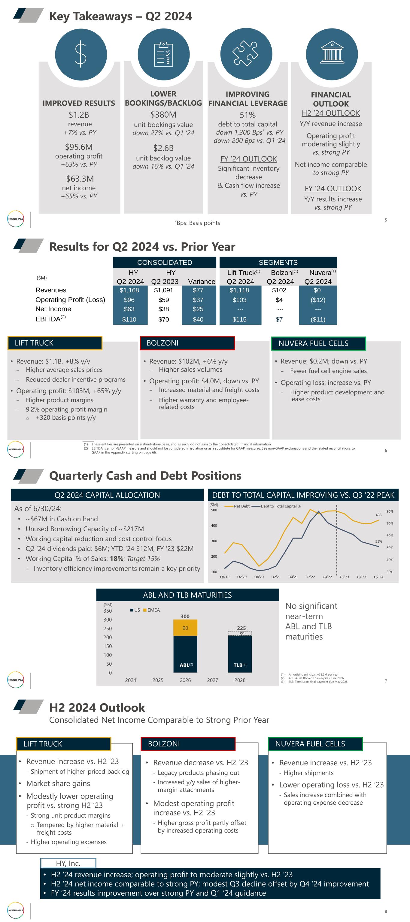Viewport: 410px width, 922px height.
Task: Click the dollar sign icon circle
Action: point(81,54)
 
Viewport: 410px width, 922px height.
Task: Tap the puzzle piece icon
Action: point(246,54)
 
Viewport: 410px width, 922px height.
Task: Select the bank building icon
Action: point(332,54)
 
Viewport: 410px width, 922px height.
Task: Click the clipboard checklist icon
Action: point(164,54)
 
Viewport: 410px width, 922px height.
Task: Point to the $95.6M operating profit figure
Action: point(79,147)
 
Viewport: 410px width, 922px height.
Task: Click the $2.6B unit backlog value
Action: point(163,148)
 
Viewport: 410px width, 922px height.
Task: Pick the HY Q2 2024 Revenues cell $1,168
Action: point(129,290)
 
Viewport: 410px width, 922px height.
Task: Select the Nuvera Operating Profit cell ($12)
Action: point(317,300)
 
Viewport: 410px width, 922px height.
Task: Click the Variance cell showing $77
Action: point(198,290)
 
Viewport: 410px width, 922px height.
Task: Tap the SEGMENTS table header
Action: point(278,262)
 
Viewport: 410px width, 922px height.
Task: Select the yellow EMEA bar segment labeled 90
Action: point(185,628)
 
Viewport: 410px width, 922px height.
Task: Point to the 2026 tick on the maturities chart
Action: point(185,680)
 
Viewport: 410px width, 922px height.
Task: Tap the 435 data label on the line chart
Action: point(378,515)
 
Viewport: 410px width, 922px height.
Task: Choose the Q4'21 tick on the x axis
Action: point(293,577)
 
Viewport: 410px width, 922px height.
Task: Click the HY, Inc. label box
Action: point(68,863)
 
